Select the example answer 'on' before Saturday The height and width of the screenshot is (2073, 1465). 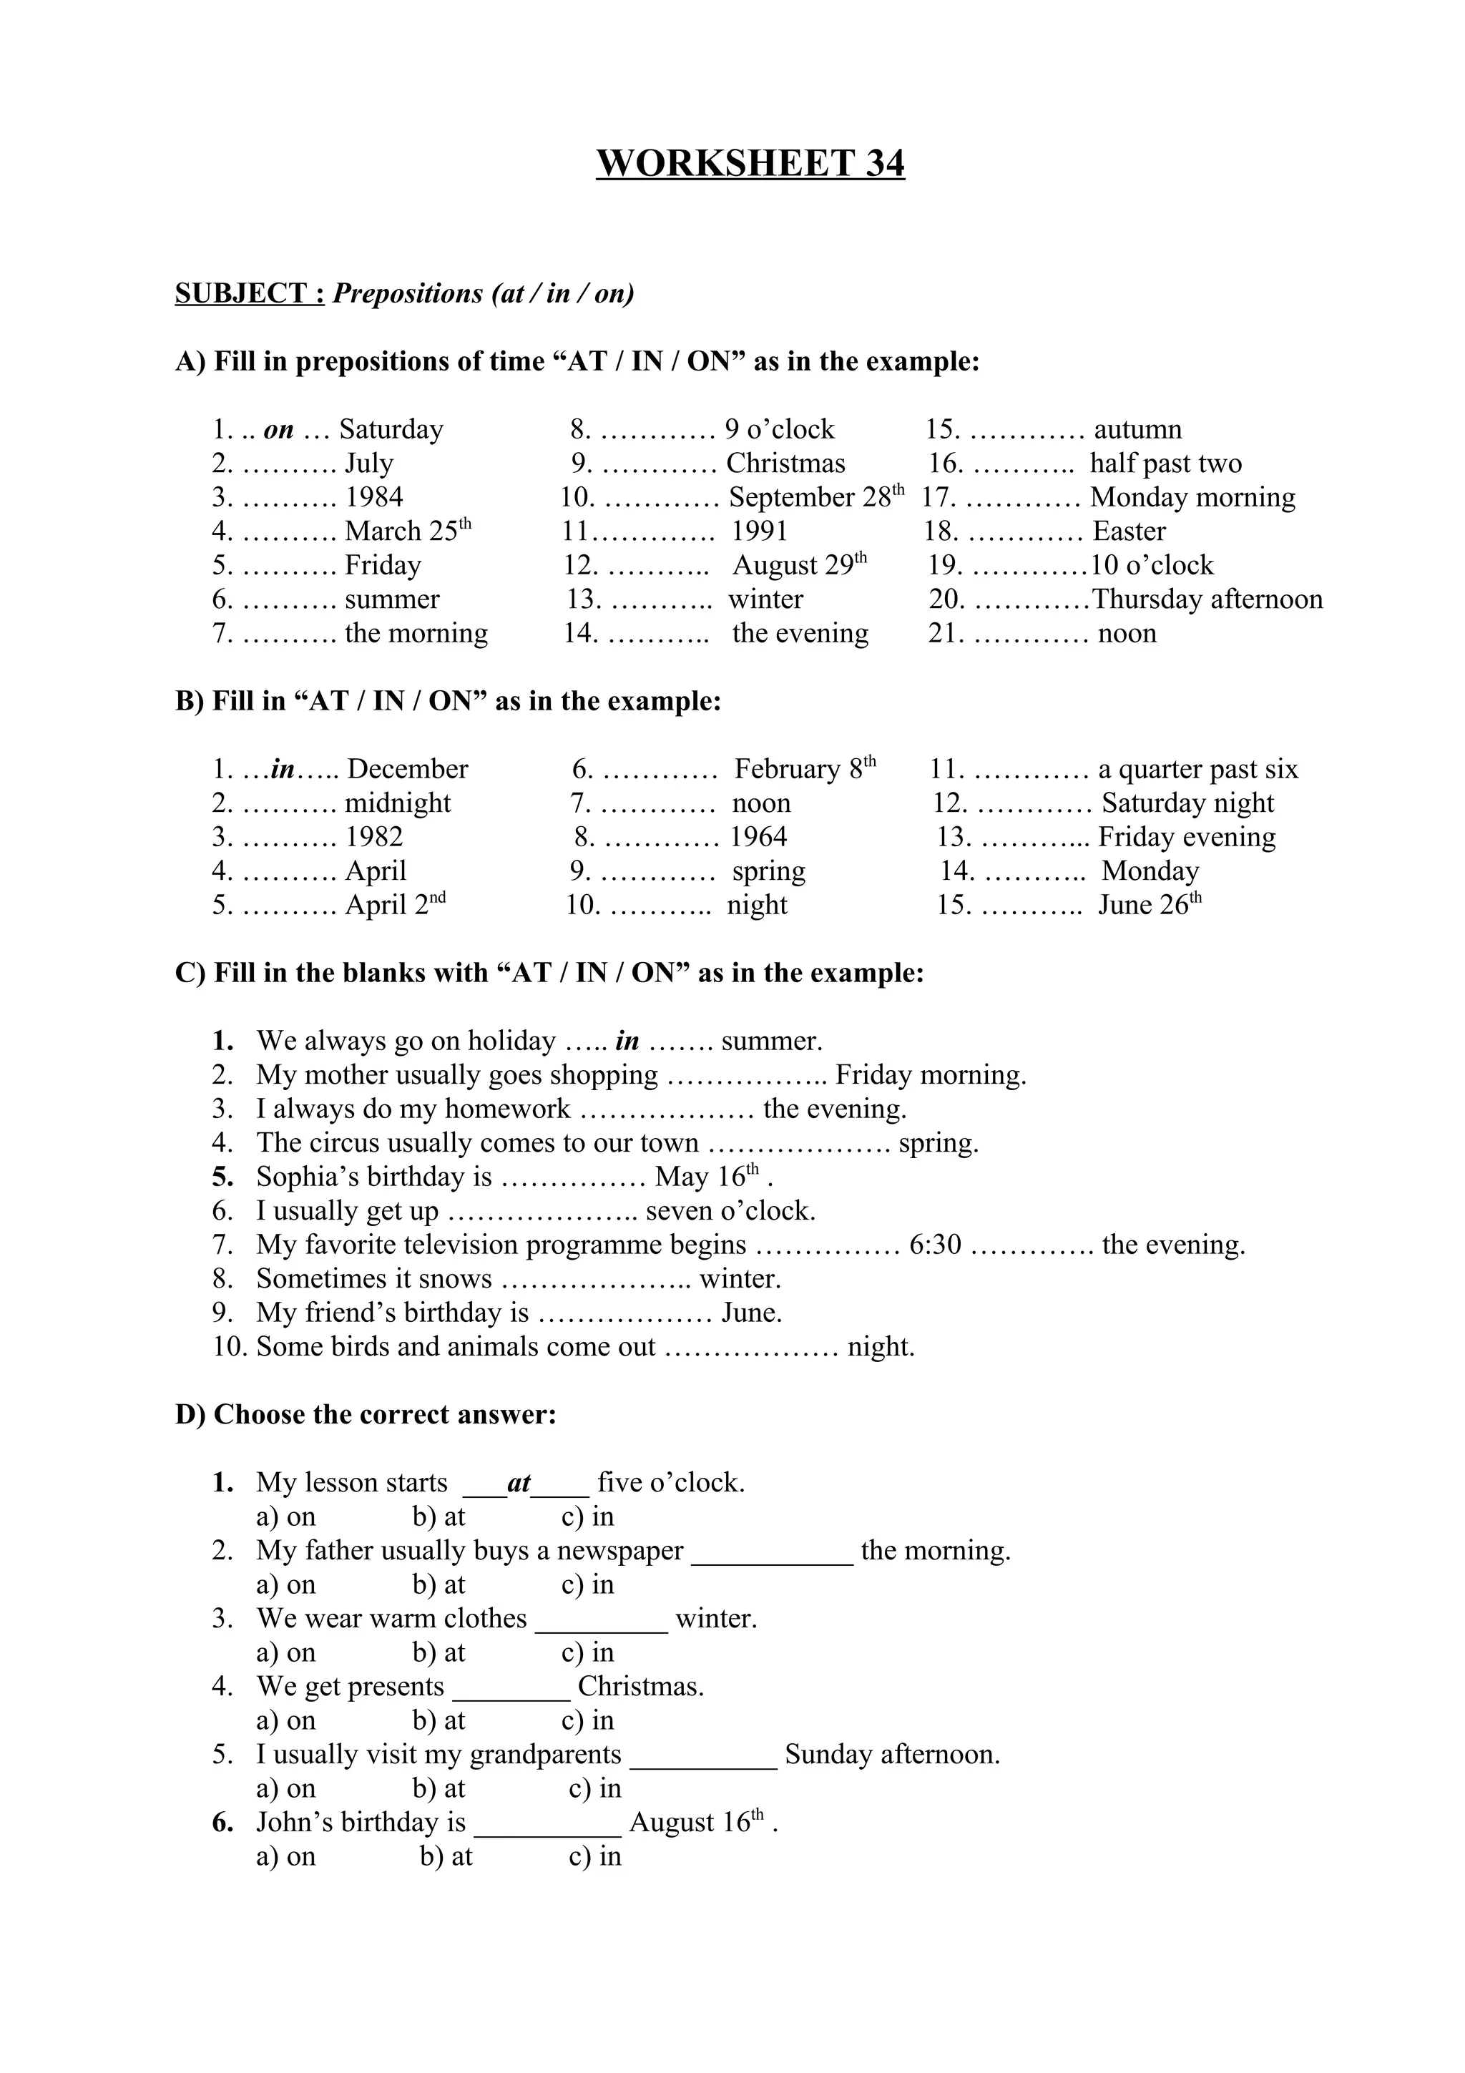pos(279,430)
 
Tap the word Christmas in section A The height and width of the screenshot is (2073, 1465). pos(785,464)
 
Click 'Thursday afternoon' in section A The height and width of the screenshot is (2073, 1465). pos(1207,599)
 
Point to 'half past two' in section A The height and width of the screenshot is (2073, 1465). pos(1165,464)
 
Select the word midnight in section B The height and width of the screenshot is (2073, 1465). pos(397,803)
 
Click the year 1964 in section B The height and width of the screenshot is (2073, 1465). pos(758,837)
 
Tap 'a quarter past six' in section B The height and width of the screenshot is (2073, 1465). pos(1197,769)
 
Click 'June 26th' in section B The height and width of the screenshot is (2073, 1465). pos(1149,905)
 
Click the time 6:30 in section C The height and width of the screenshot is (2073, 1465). pos(935,1245)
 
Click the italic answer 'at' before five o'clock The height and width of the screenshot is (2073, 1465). pos(519,1483)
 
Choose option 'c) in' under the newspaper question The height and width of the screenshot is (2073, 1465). pos(587,1584)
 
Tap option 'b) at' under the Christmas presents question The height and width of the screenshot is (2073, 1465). pos(438,1720)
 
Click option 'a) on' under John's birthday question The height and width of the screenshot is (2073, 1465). pos(286,1856)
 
